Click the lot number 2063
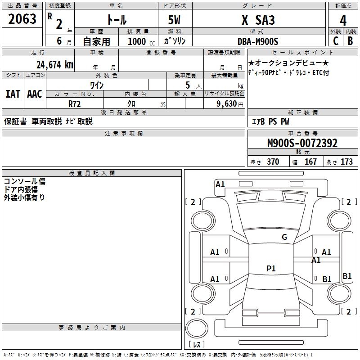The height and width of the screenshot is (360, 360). click(x=22, y=19)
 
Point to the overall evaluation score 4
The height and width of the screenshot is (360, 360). click(x=343, y=21)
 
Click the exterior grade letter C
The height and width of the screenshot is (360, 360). click(x=336, y=41)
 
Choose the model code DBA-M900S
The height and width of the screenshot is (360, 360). click(x=258, y=41)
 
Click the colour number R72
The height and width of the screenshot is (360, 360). click(x=75, y=103)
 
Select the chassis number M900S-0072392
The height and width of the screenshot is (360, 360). click(x=302, y=143)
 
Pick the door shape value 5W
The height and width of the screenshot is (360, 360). click(x=175, y=20)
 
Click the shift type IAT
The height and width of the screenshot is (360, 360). click(x=13, y=94)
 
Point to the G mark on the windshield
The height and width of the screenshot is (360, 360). click(x=284, y=237)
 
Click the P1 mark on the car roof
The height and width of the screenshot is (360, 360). click(x=271, y=269)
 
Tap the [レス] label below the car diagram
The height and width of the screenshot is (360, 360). click(x=198, y=344)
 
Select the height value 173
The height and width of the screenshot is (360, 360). click(x=346, y=162)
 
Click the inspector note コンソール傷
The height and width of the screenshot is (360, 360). click(x=25, y=182)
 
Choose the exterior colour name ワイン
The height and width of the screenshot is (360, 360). click(x=98, y=85)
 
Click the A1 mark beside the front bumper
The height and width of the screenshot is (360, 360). click(x=220, y=184)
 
